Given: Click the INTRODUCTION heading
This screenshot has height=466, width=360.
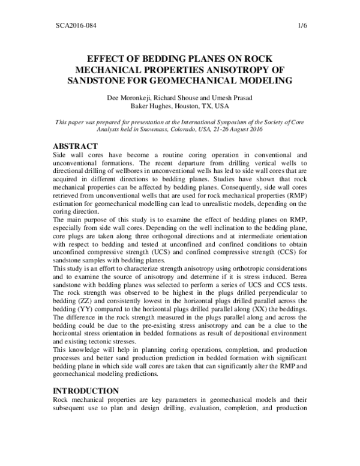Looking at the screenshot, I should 91,391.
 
